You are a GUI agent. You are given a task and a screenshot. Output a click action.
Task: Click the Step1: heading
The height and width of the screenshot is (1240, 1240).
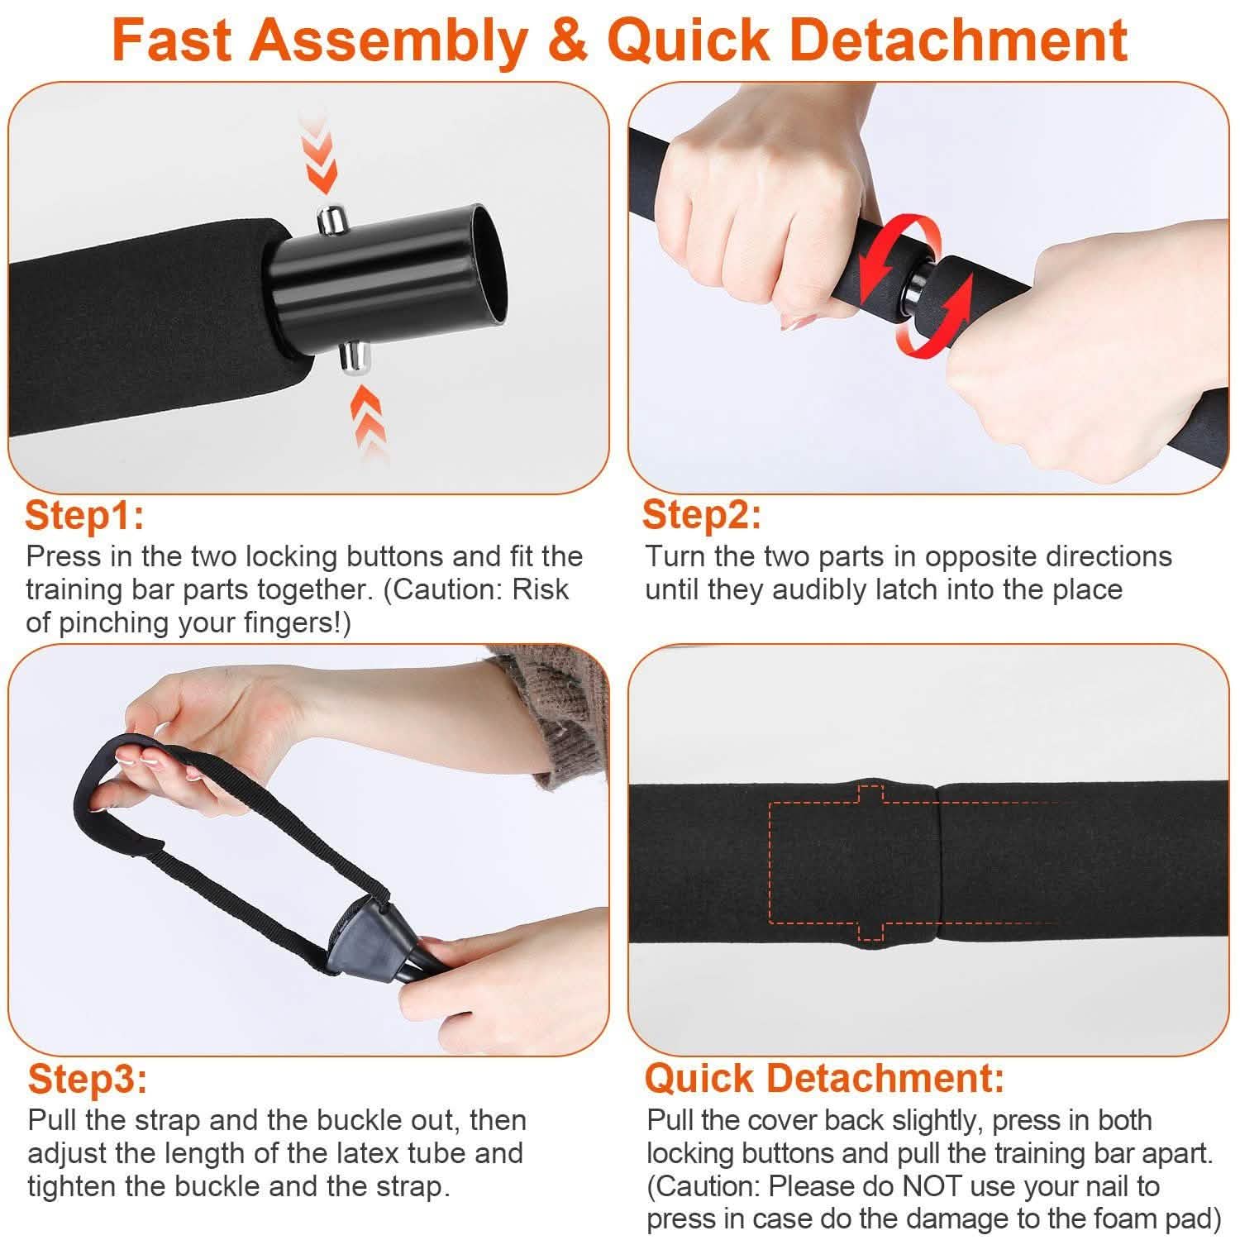(85, 516)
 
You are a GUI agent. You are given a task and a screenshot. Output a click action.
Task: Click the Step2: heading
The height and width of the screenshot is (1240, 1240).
(702, 515)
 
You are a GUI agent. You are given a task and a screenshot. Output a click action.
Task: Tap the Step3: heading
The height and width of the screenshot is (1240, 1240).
(88, 1080)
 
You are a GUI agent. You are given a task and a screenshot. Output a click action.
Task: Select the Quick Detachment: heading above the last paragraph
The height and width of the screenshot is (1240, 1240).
(824, 1078)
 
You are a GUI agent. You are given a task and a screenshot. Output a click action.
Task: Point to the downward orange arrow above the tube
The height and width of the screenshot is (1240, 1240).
(320, 153)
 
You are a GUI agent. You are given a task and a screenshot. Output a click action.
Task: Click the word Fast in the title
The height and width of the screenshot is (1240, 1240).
(172, 40)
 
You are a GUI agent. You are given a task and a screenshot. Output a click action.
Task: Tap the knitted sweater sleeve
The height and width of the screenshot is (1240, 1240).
(550, 711)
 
